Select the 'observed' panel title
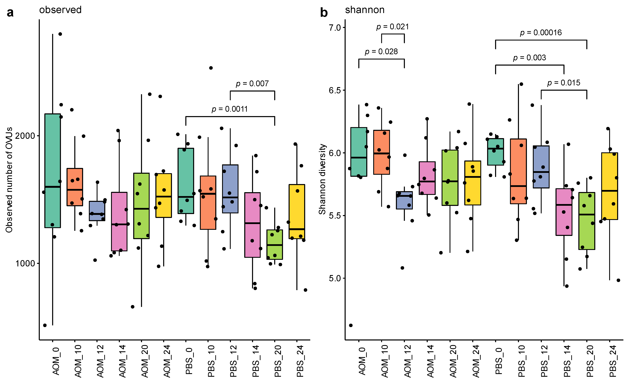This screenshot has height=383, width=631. pos(60,10)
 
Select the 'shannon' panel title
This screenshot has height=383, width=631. pos(364,10)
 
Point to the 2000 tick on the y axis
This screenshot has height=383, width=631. pos(25,135)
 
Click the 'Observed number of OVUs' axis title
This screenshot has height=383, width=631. pos(9,179)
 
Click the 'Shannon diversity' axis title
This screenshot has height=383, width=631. pos(322,179)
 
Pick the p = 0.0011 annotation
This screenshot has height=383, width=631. pos(230,109)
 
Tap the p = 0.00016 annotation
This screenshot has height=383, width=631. pos(541,33)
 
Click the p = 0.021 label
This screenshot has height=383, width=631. pos(392,27)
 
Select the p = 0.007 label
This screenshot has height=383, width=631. pos(252,84)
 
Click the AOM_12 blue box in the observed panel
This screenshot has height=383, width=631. pos(97,211)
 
